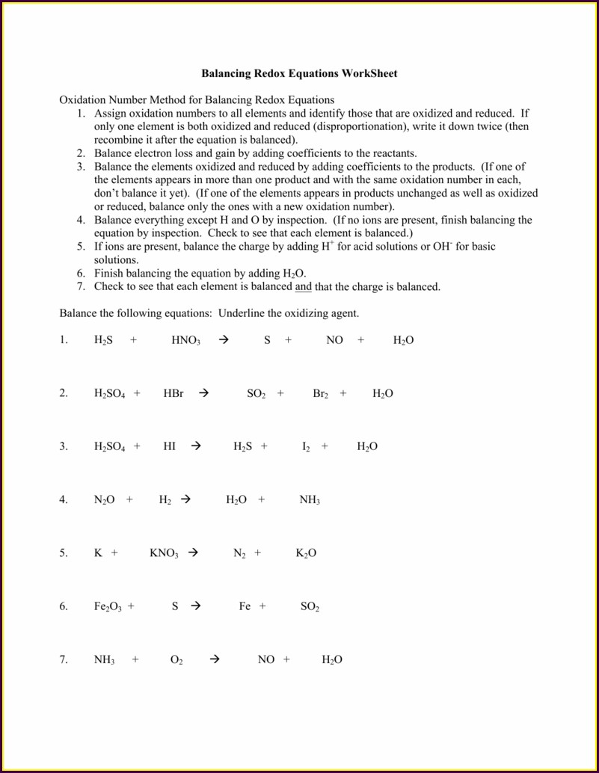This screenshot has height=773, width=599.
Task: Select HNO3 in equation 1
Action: click(x=185, y=340)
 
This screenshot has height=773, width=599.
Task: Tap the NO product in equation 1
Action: click(x=334, y=340)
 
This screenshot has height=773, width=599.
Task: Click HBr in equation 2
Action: click(x=173, y=393)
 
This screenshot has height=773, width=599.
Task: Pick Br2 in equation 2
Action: click(x=320, y=393)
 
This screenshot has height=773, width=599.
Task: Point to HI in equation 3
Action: click(x=169, y=446)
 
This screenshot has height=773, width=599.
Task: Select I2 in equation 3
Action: click(x=306, y=446)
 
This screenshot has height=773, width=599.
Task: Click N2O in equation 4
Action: click(x=104, y=500)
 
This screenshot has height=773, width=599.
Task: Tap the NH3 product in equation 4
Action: click(x=310, y=500)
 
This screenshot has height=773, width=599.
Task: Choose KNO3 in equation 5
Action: click(x=164, y=553)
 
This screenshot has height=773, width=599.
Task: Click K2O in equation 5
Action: click(x=306, y=553)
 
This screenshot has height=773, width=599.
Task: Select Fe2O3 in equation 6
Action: click(x=109, y=606)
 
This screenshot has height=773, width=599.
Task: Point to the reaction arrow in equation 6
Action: click(x=196, y=606)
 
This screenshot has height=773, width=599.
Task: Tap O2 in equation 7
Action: click(x=176, y=660)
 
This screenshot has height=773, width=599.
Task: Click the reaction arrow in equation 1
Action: click(x=223, y=340)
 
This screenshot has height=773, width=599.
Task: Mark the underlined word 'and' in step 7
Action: click(x=303, y=286)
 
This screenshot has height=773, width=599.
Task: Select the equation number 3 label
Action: click(x=64, y=446)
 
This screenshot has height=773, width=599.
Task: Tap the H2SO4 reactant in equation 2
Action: click(x=109, y=393)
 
